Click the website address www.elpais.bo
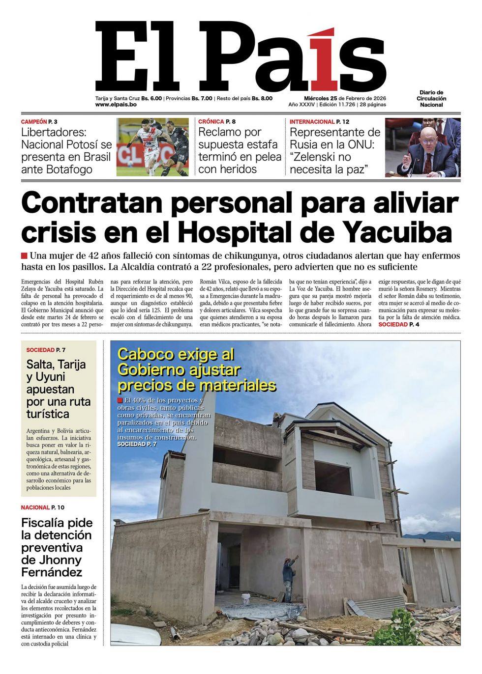[x=116, y=105]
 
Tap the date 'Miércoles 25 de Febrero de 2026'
[x=337, y=98]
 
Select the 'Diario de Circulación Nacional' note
[x=432, y=98]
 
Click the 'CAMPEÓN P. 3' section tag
[x=42, y=121]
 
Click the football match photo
[x=152, y=147]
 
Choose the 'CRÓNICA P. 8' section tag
[x=217, y=121]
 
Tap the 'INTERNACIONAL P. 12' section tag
[x=319, y=121]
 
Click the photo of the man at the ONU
[x=423, y=147]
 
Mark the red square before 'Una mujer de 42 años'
[x=24, y=256]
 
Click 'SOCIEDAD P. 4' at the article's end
[x=399, y=325]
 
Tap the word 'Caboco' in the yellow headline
[x=147, y=354]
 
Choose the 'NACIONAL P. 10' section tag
[x=42, y=507]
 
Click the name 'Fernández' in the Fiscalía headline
[x=52, y=572]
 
